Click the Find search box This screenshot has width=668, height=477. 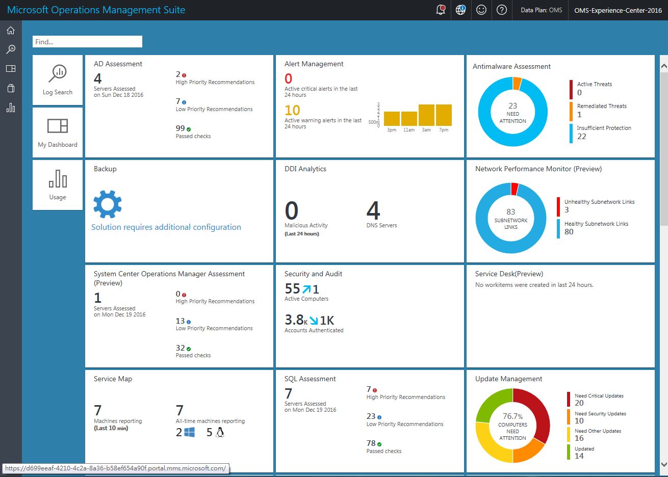point(87,42)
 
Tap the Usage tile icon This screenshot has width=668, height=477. point(58,179)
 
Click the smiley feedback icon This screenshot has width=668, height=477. point(481,10)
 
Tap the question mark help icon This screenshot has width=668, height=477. point(502,10)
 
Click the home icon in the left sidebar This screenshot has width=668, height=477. point(11,31)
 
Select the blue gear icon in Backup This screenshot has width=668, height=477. point(108,204)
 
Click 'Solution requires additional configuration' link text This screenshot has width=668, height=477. point(166,227)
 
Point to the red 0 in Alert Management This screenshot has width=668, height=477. point(289,78)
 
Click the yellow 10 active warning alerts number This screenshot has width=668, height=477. point(292,110)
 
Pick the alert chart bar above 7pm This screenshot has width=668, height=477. point(444,115)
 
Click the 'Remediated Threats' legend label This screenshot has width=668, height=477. point(602,106)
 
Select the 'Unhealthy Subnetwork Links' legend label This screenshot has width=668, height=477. point(599,202)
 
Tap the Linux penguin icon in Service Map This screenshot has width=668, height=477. point(220,433)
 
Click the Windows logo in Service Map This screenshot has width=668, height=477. point(189,433)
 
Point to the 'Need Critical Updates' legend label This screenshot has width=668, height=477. point(599,396)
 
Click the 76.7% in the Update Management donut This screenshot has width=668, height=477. point(512,416)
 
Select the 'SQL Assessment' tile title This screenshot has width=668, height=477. point(310,379)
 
